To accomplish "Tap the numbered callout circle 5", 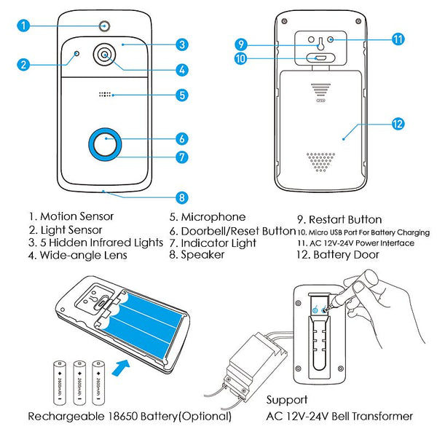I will (x=182, y=95).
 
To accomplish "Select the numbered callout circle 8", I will (x=182, y=197).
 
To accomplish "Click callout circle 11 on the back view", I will (x=398, y=39).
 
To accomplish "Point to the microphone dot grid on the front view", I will (x=106, y=95).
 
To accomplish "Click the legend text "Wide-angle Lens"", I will (x=84, y=255).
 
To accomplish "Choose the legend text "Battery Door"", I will (x=346, y=255).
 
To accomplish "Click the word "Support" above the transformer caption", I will (x=287, y=400).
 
